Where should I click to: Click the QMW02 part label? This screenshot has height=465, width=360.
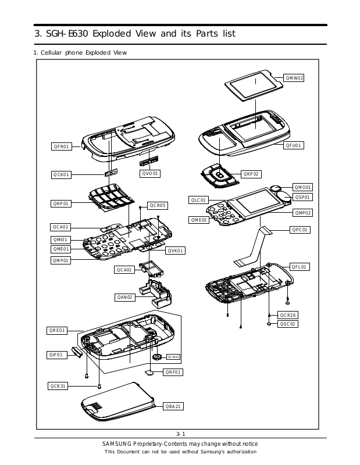[295, 77]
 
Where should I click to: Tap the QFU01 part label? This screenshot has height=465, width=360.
[294, 145]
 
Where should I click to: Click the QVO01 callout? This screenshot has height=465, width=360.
[150, 173]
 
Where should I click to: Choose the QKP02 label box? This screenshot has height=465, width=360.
[251, 174]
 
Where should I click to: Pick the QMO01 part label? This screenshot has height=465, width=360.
[302, 187]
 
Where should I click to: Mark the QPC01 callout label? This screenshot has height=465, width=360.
[300, 230]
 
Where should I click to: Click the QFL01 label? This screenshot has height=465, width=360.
[300, 267]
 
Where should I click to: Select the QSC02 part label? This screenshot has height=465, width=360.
[288, 324]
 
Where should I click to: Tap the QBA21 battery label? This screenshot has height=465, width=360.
[174, 406]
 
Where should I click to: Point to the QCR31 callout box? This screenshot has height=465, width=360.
[59, 385]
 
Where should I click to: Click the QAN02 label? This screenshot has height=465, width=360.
[125, 298]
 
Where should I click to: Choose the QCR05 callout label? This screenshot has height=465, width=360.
[157, 205]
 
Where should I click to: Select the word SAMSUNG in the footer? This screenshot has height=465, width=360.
[116, 444]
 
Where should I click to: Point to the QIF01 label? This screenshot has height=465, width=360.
[56, 355]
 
